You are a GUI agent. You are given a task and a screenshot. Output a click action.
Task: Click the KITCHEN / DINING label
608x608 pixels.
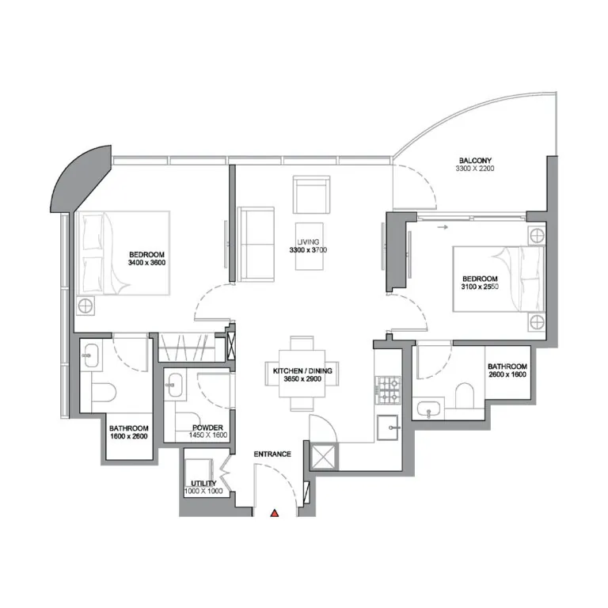click(x=302, y=370)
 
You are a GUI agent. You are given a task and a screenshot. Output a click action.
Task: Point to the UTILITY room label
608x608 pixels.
click(x=203, y=483)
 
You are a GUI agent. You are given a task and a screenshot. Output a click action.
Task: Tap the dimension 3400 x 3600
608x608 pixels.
click(x=146, y=261)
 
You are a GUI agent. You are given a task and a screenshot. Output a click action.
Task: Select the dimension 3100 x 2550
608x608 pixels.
click(x=480, y=287)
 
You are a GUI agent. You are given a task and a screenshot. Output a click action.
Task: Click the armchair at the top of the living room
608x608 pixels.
click(x=312, y=195)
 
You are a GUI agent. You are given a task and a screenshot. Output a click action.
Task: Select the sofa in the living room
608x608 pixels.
click(x=256, y=244)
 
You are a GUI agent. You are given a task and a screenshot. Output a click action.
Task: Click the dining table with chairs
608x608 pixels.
click(x=303, y=372)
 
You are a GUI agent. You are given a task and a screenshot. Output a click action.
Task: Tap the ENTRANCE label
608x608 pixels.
click(x=272, y=454)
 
